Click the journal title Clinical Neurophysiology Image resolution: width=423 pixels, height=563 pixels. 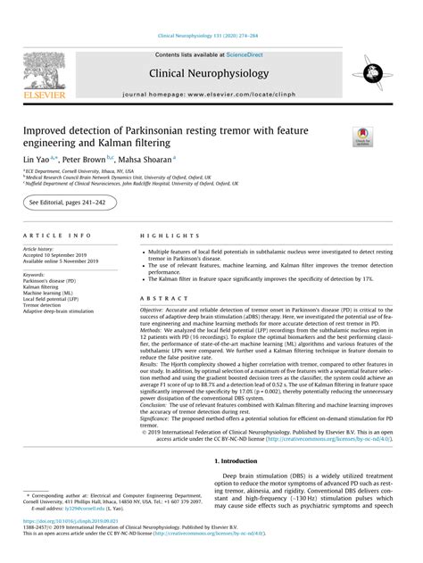pyautogui.click(x=211, y=74)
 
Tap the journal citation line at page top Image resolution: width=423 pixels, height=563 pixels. pyautogui.click(x=211, y=37)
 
